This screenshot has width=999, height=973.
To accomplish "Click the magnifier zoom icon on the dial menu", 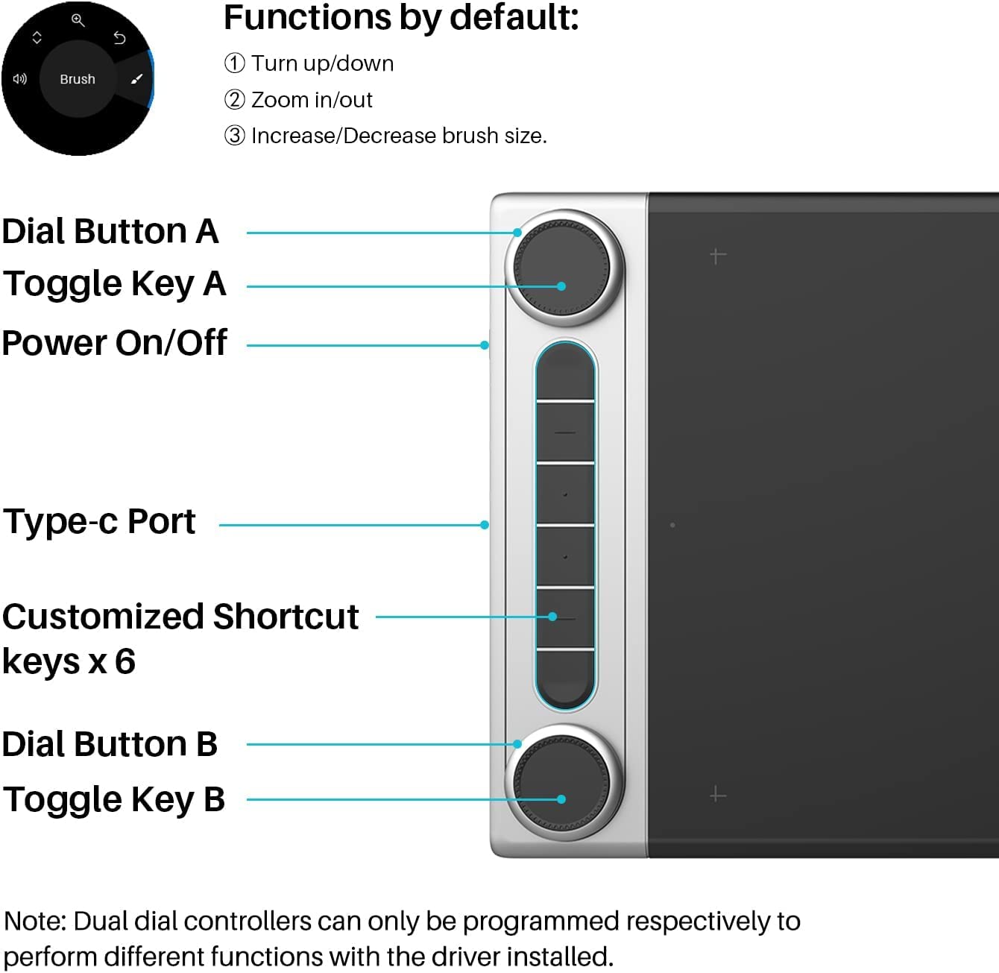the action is point(78,20).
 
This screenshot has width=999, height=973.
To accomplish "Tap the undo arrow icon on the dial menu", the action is point(119,38).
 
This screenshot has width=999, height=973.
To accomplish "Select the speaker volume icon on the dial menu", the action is point(20,78).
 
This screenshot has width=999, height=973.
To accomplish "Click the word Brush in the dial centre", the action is point(78,79).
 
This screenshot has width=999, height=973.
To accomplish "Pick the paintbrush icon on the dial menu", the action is point(136,78).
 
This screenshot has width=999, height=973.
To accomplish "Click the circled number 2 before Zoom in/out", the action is point(235,100).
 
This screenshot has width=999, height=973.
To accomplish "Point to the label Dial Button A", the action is point(111,231).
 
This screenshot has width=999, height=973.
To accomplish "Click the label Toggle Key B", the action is point(115,799).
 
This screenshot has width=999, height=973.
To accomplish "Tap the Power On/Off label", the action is point(115,342).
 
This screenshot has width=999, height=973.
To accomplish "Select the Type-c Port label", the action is point(100,522).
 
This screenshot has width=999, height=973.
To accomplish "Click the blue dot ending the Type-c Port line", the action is point(485,525).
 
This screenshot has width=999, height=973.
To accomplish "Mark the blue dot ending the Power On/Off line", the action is point(485,345).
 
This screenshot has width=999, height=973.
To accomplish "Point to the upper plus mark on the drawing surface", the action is point(718,255).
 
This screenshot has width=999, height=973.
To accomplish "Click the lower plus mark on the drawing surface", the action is point(718,795).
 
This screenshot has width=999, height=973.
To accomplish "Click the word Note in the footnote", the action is point(34,921).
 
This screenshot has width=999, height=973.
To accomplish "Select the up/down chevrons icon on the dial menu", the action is point(37,37).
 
